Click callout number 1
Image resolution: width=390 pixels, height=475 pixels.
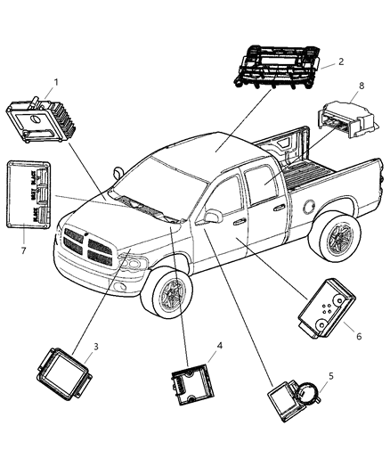tap(55, 83)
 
